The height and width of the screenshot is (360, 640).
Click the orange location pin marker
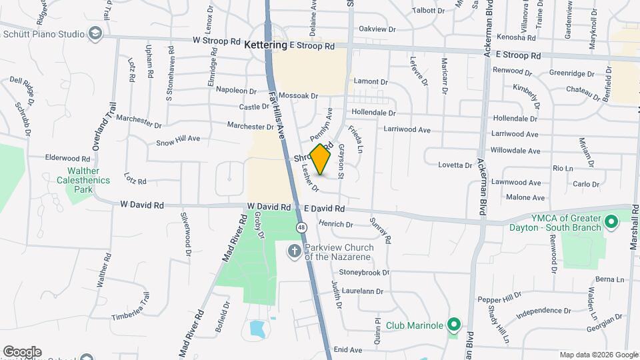(x=321, y=159)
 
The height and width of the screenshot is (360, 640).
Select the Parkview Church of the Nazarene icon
(x=294, y=251)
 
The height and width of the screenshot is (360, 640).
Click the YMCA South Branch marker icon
(x=611, y=221)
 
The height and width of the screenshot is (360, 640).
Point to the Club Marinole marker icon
(x=454, y=326)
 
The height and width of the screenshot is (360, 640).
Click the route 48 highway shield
(x=302, y=228)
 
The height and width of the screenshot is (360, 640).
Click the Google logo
(x=22, y=352)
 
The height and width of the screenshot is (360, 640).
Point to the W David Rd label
(x=141, y=205)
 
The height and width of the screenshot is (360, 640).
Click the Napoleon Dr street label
(x=234, y=91)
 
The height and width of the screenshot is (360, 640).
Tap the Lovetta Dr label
(x=455, y=165)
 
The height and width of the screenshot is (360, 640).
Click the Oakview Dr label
(x=377, y=29)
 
